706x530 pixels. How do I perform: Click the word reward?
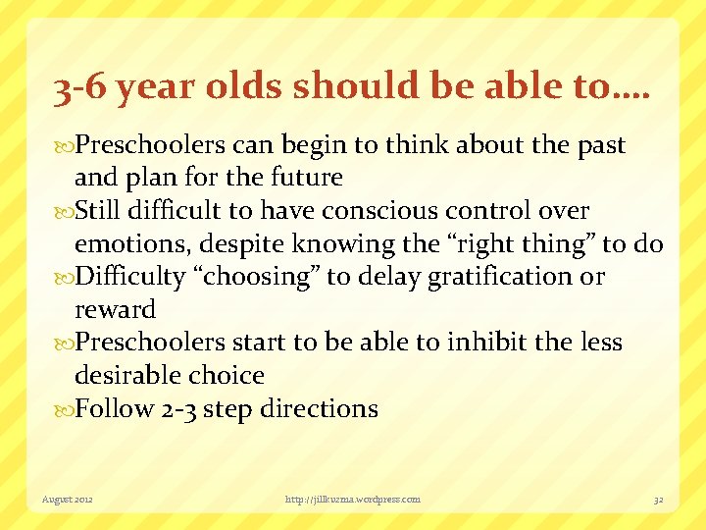116,310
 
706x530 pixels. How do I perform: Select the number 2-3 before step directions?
182,408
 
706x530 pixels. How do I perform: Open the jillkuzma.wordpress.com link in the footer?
352,500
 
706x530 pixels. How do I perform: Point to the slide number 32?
658,500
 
